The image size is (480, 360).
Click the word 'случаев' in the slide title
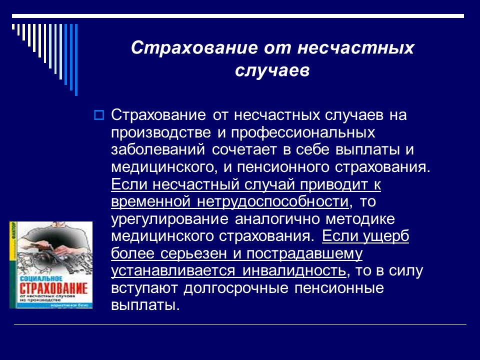coord(272,70)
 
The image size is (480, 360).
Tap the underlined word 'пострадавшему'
coord(301,253)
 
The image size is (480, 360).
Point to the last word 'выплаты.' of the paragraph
coord(144,305)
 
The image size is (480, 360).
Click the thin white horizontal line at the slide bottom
coord(240,324)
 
